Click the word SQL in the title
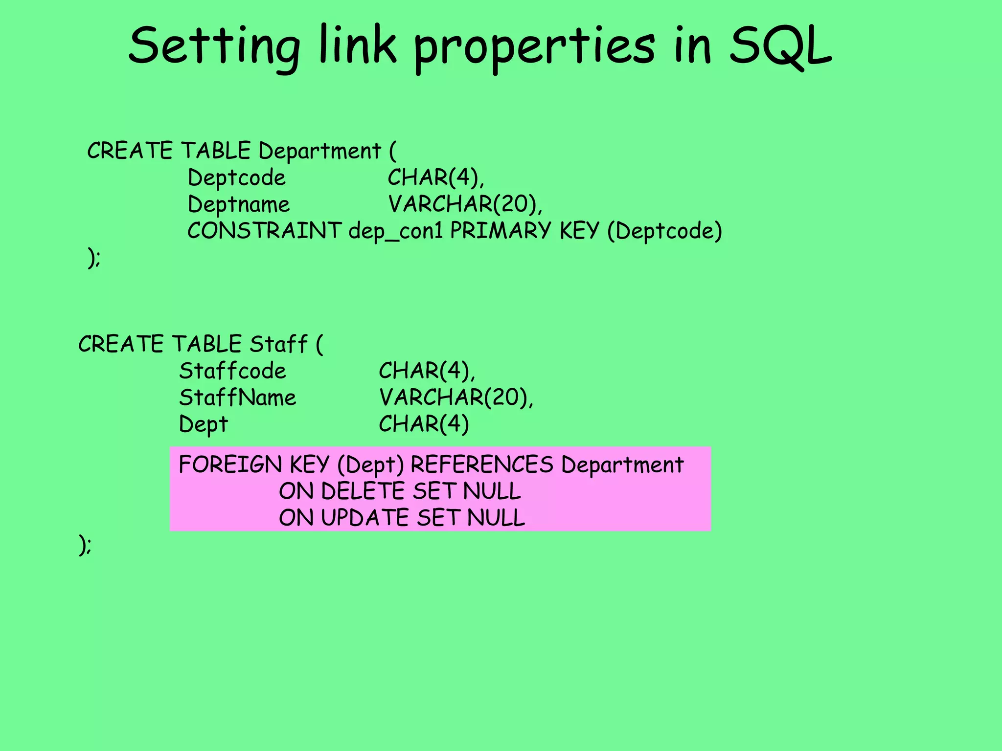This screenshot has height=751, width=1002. coord(780,46)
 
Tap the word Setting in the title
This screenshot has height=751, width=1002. coord(214,46)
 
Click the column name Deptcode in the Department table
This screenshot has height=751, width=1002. coord(236,177)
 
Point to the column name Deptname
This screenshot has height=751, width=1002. coord(238,204)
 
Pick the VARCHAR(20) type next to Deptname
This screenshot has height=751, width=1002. coord(465,204)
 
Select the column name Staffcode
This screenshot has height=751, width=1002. coord(232,371)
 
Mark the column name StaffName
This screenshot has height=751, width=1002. coord(237,398)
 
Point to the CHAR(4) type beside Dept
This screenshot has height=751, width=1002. coord(424,424)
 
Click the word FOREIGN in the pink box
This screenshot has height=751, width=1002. coord(230,464)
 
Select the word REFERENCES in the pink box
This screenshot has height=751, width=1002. coord(482,464)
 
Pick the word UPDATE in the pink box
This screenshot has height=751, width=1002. coord(365,518)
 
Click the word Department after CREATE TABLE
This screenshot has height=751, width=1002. coord(319,151)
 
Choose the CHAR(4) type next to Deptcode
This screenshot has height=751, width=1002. coord(435,177)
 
